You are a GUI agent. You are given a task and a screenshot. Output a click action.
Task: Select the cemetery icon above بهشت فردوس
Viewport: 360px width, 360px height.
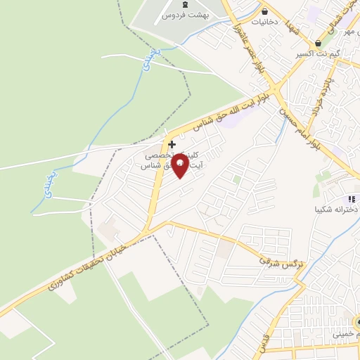pyautogui.click(x=185, y=4)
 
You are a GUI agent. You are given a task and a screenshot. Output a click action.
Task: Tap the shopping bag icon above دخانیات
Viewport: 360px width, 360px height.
pyautogui.click(x=265, y=11)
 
